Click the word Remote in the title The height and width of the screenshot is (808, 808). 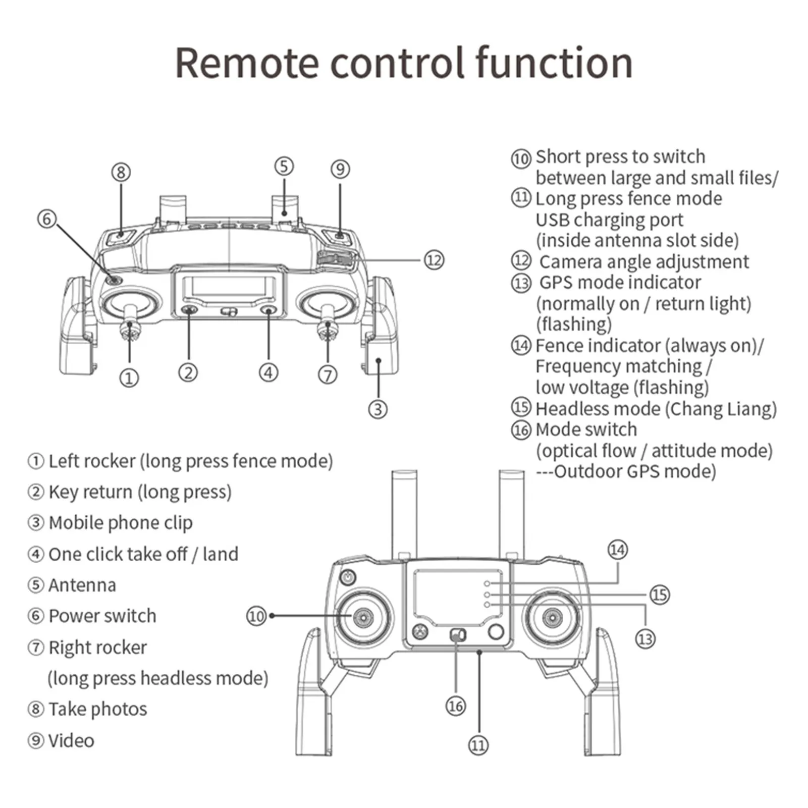247,63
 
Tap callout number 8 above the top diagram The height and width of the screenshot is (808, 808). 121,173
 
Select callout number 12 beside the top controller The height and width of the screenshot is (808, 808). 434,260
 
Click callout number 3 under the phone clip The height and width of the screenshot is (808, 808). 378,409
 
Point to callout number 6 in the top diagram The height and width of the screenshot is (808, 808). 47,219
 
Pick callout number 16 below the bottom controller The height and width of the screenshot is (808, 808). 456,706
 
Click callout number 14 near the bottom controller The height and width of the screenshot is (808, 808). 618,550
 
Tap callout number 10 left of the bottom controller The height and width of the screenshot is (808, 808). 256,616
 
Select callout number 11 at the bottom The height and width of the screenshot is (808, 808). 478,745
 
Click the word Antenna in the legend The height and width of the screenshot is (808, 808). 82,585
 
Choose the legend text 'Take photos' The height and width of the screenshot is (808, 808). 98,709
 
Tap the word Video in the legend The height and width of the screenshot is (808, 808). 71,740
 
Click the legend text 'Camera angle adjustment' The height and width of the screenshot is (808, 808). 644,262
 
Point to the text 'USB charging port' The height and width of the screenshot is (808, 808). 609,220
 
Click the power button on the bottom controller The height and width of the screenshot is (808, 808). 348,576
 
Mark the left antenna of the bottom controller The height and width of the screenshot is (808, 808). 405,512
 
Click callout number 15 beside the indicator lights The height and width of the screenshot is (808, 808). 660,595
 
